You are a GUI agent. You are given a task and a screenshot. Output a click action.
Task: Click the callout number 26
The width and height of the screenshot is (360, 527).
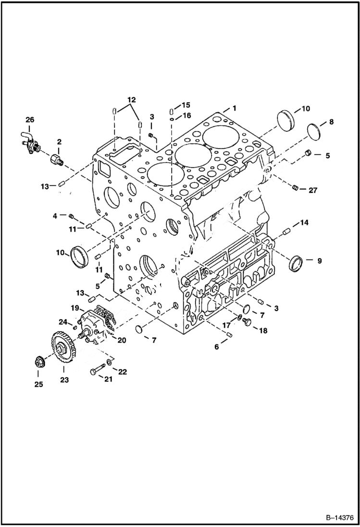coord(30,119)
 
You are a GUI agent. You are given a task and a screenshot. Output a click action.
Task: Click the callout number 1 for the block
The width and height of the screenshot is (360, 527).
coord(234,108)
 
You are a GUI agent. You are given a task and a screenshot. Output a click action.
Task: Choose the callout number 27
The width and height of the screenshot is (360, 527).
coord(312,190)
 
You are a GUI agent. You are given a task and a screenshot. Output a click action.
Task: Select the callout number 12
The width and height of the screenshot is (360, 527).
coord(131,100)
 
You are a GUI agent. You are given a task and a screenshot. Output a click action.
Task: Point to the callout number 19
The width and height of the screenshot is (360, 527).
coord(75,307)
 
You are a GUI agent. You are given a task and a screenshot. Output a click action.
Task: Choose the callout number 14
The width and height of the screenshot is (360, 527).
coord(304,222)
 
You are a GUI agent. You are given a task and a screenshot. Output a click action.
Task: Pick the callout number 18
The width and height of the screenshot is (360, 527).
coord(263,331)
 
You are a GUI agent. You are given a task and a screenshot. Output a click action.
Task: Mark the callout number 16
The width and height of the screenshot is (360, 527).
coord(186,115)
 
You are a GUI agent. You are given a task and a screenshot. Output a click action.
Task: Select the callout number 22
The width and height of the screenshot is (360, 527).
coord(123,372)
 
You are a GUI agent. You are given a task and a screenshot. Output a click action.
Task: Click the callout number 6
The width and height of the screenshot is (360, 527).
coord(217,346)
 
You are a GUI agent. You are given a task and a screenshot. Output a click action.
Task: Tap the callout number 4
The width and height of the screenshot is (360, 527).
coord(55,216)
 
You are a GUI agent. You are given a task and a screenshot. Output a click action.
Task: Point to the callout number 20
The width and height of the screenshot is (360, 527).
coord(122,340)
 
